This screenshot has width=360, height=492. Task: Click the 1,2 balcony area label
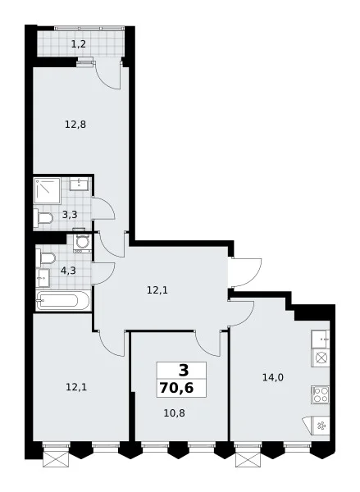(x=79, y=44)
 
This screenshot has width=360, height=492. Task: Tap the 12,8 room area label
(x=75, y=125)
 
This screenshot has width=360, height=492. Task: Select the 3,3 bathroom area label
(x=70, y=215)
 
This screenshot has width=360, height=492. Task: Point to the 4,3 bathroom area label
(x=68, y=271)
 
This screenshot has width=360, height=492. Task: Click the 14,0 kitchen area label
(x=273, y=377)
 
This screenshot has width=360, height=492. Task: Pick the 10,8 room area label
(x=174, y=413)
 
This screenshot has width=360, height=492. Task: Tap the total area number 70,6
(x=176, y=388)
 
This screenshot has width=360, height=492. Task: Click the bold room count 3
(x=184, y=371)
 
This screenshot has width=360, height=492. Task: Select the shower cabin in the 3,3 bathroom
(x=47, y=190)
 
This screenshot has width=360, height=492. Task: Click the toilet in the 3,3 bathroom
(x=43, y=218)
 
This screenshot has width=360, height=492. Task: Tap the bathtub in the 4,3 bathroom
(x=63, y=301)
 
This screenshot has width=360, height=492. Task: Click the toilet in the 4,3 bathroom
(x=45, y=258)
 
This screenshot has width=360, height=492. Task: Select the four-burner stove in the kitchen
(x=321, y=394)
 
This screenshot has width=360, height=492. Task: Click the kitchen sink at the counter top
(x=321, y=339)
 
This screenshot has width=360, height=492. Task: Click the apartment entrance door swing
(x=246, y=272)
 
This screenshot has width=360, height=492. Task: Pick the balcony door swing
(x=108, y=75)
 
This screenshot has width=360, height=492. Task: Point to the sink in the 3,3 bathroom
(x=80, y=184)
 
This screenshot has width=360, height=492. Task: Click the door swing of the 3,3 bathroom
(x=103, y=208)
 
